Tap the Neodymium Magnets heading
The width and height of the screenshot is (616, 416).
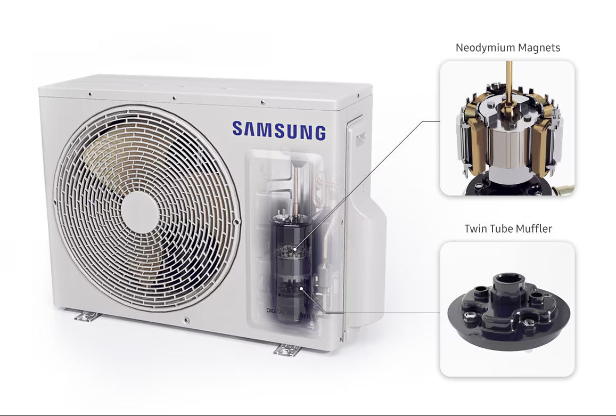[507, 48]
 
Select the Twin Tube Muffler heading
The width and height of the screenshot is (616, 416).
[507, 229]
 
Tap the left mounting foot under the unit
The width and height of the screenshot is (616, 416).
[87, 317]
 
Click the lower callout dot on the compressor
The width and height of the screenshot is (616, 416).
[301, 288]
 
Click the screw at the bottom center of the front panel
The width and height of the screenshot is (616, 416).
[186, 320]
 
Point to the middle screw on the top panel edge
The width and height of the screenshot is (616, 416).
[174, 98]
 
